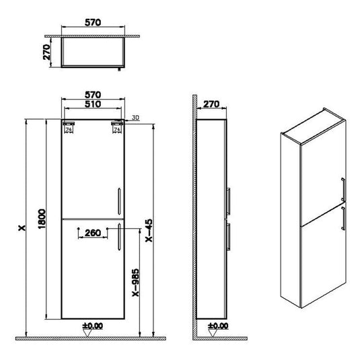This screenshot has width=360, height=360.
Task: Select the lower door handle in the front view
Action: [x=118, y=236]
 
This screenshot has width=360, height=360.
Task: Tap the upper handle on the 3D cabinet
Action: [x=344, y=189]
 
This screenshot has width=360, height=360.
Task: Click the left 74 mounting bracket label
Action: [x=67, y=129]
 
